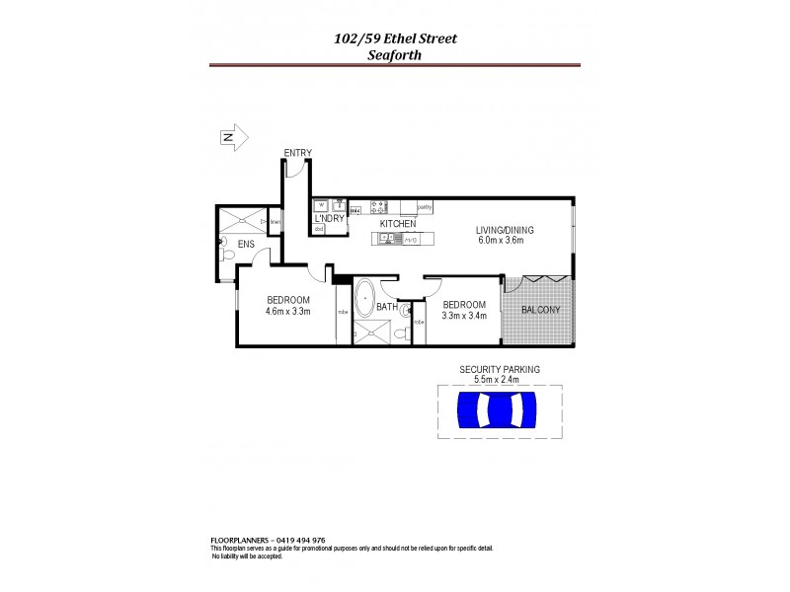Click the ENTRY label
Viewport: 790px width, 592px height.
point(297,152)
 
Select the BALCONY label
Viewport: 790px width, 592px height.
point(540,310)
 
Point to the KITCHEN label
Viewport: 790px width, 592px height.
point(398,225)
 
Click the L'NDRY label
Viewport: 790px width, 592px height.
point(329,218)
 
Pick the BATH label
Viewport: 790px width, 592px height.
point(386,307)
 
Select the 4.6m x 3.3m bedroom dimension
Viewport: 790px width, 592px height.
point(288,312)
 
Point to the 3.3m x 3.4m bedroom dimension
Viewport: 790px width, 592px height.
point(464,317)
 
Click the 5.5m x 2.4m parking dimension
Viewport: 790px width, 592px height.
point(499,379)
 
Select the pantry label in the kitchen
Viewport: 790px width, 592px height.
point(425,207)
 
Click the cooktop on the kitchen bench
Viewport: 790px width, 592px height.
point(378,207)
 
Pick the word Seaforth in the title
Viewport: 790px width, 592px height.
point(394,55)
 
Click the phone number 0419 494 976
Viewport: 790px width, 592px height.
point(310,541)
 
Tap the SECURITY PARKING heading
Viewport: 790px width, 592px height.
point(500,369)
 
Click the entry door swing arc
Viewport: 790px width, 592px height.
point(292,170)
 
